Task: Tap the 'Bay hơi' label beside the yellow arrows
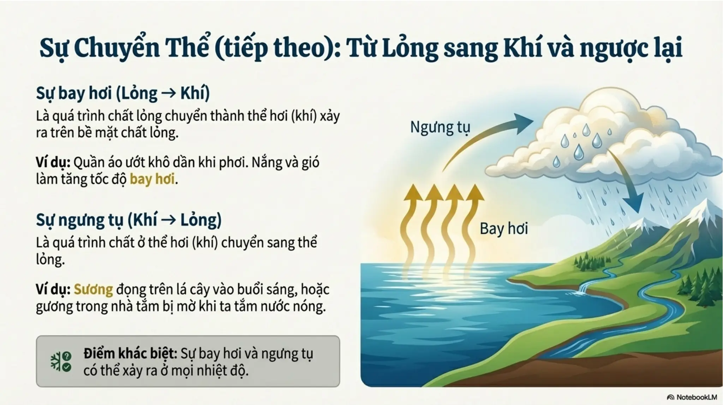click(x=503, y=229)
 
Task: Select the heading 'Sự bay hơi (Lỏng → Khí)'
click(x=123, y=93)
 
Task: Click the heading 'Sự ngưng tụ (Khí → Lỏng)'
click(x=129, y=220)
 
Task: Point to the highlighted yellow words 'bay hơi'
click(x=152, y=179)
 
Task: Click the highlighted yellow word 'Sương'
click(x=93, y=289)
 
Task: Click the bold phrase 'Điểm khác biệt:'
click(x=130, y=353)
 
